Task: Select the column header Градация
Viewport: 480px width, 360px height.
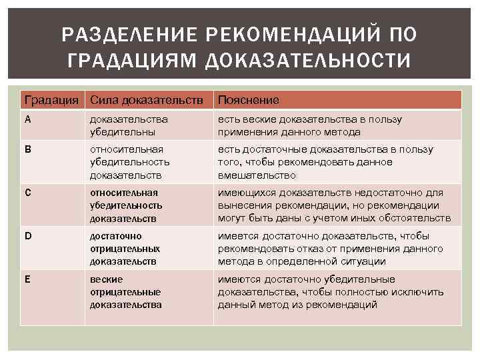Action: coord(51,100)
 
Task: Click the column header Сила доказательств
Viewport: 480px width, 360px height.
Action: coord(147,100)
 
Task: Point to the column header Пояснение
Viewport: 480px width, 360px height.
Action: coord(249,100)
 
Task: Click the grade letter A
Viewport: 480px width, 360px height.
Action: coord(27,119)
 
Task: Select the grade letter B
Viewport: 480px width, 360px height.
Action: coord(27,149)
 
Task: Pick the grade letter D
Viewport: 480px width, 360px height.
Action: coord(27,236)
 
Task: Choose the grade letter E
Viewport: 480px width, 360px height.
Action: coord(27,279)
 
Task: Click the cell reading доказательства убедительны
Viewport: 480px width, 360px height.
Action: coord(129,125)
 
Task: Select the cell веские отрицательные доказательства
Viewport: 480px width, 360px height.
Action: coord(126,292)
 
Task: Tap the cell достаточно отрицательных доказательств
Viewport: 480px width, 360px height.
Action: coord(126,249)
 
